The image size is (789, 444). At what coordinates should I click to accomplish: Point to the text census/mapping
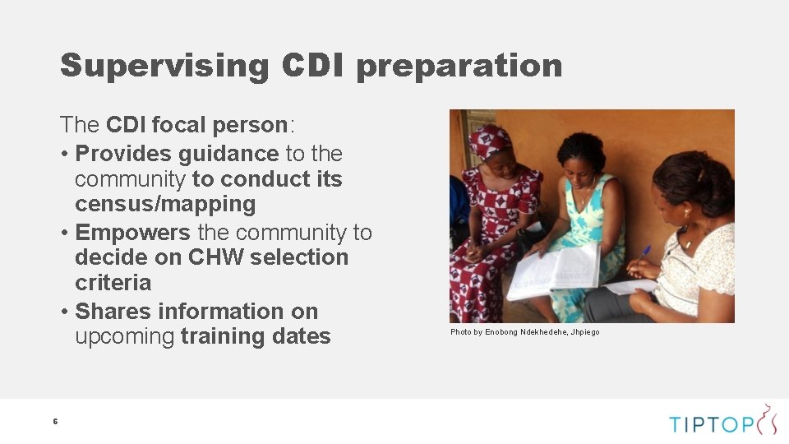coord(165,204)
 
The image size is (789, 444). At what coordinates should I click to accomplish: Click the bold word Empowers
coord(132,233)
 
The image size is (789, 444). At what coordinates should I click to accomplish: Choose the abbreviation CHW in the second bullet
coord(216,257)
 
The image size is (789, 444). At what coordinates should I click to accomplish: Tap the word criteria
coord(113,283)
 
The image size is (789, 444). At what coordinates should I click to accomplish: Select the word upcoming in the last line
coord(124,336)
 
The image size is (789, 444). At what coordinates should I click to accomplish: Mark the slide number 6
coord(55,422)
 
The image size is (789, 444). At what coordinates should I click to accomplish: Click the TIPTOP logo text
coord(711,424)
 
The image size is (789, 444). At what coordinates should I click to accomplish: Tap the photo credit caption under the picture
coord(524,332)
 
